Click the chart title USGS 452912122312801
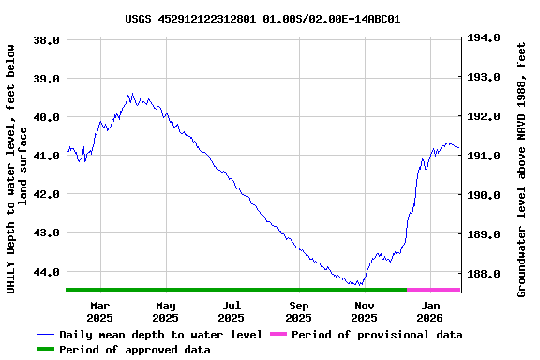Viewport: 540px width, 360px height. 262,18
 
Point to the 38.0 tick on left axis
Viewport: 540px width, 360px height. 47,40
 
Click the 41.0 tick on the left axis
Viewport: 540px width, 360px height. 47,156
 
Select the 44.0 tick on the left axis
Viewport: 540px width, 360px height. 47,272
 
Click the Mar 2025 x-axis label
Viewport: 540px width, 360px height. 99,311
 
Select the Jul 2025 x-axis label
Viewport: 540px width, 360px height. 232,311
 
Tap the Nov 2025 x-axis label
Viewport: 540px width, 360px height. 365,311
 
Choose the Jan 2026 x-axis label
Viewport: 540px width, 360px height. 430,311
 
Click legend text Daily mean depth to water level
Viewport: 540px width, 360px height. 160,335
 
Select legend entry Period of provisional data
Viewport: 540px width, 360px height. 377,335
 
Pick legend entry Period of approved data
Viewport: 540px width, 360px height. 134,350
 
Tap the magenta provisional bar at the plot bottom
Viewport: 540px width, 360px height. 433,290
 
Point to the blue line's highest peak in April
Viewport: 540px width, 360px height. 131,94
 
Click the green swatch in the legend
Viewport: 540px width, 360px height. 47,350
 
